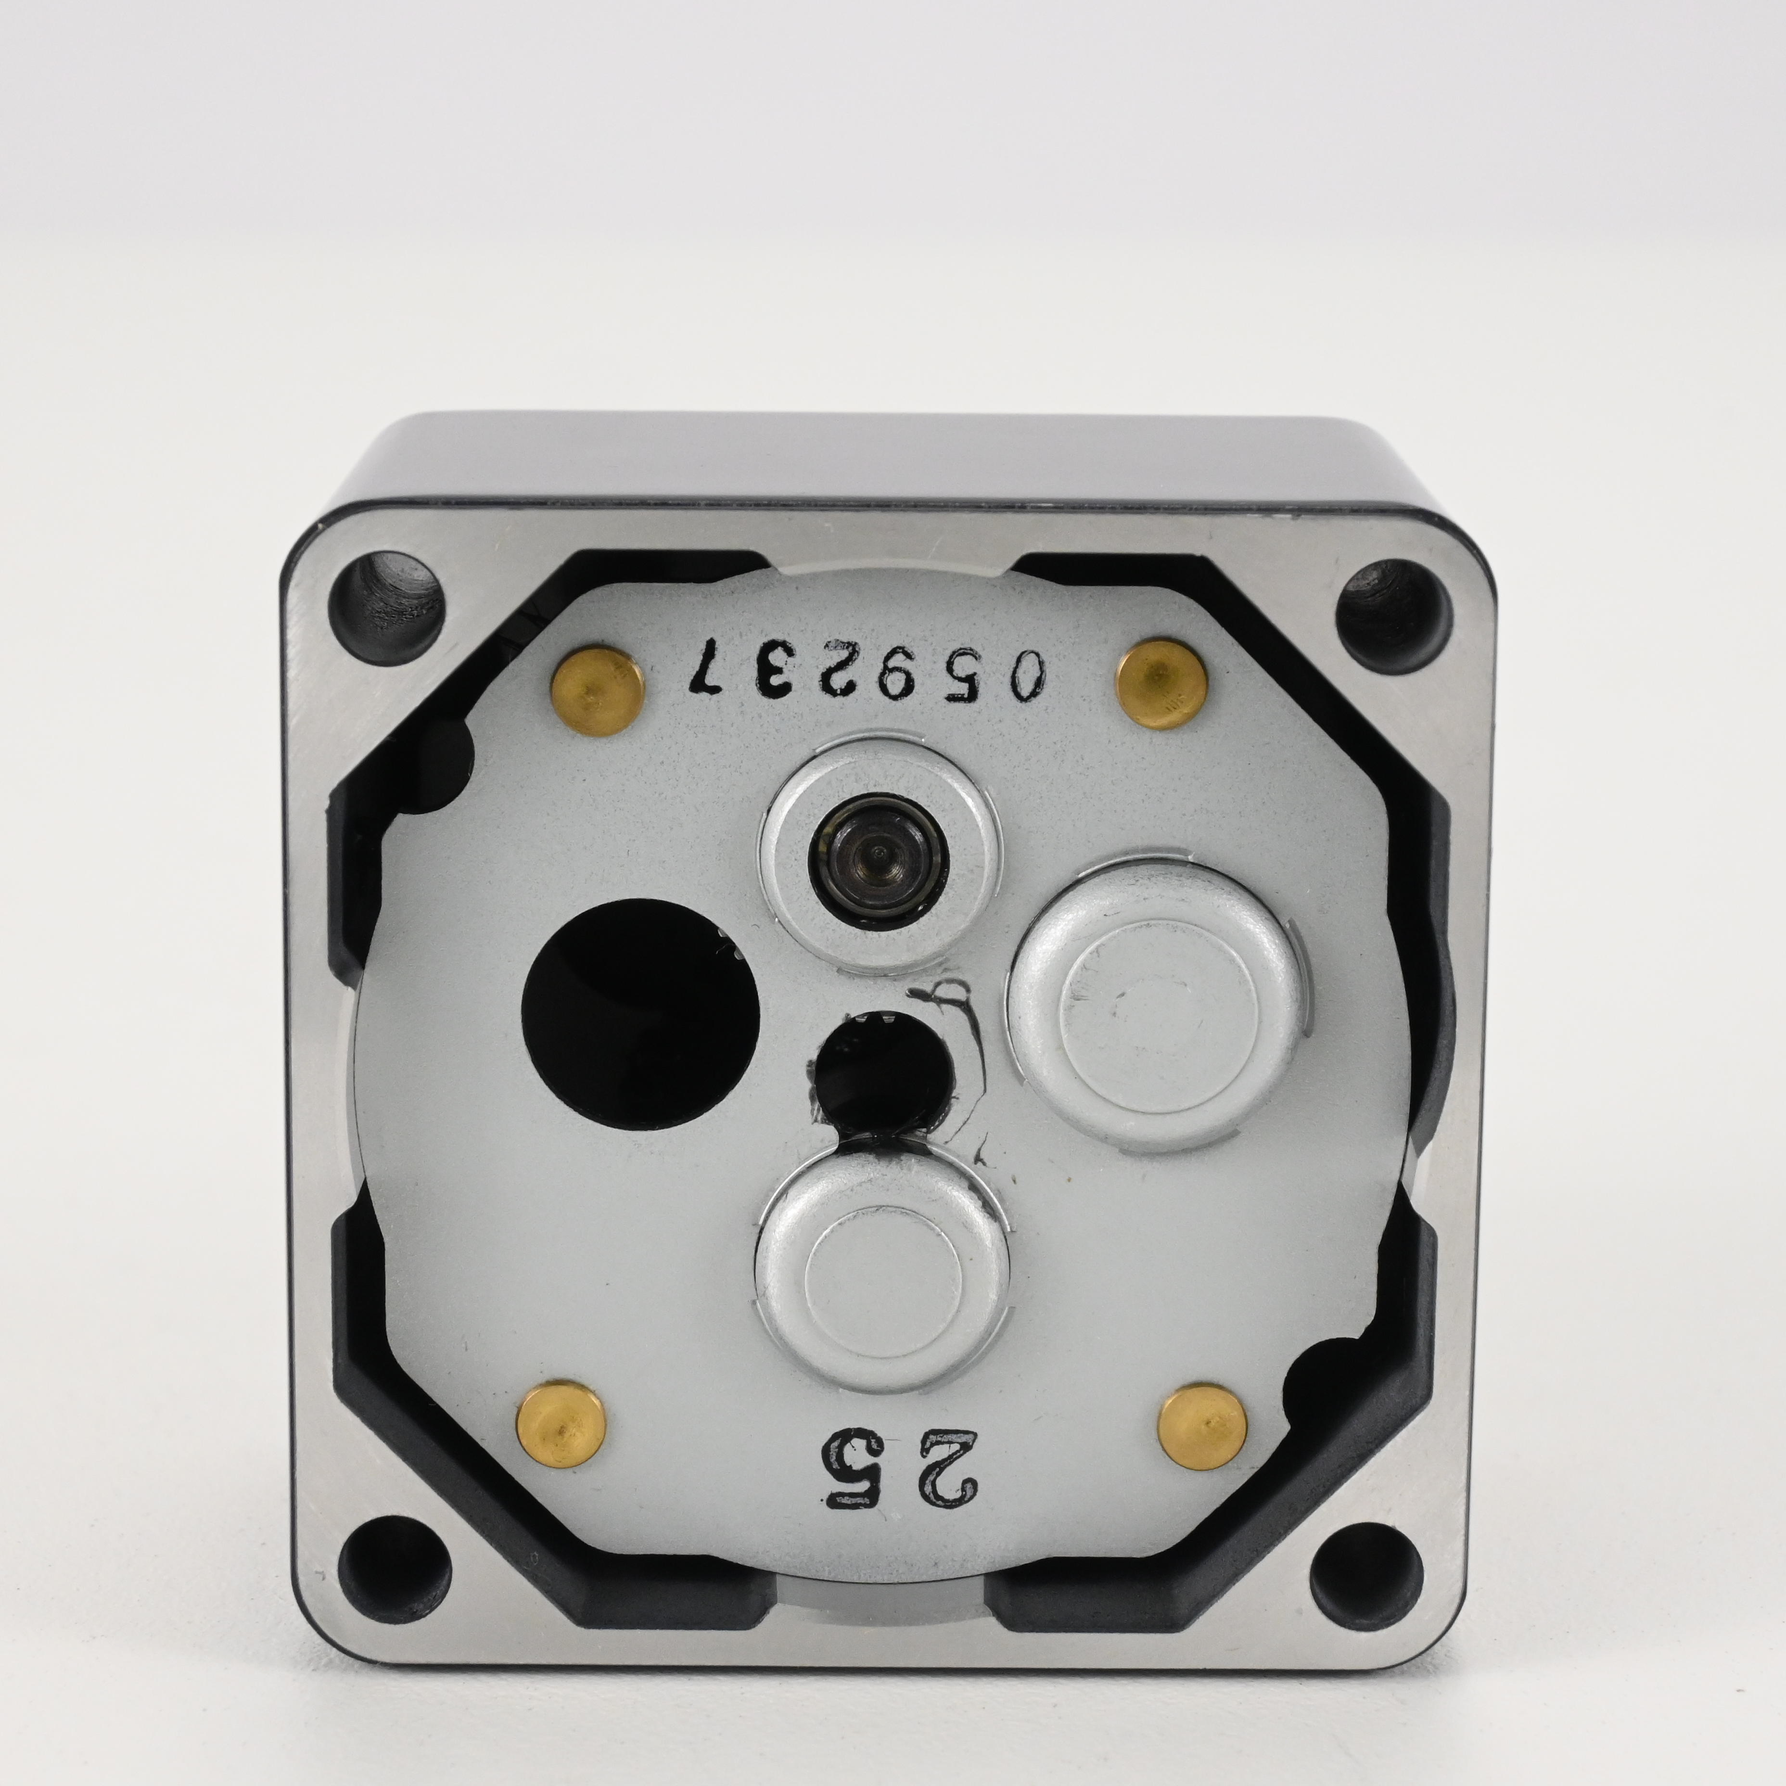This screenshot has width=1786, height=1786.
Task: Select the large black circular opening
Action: point(640,1016)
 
